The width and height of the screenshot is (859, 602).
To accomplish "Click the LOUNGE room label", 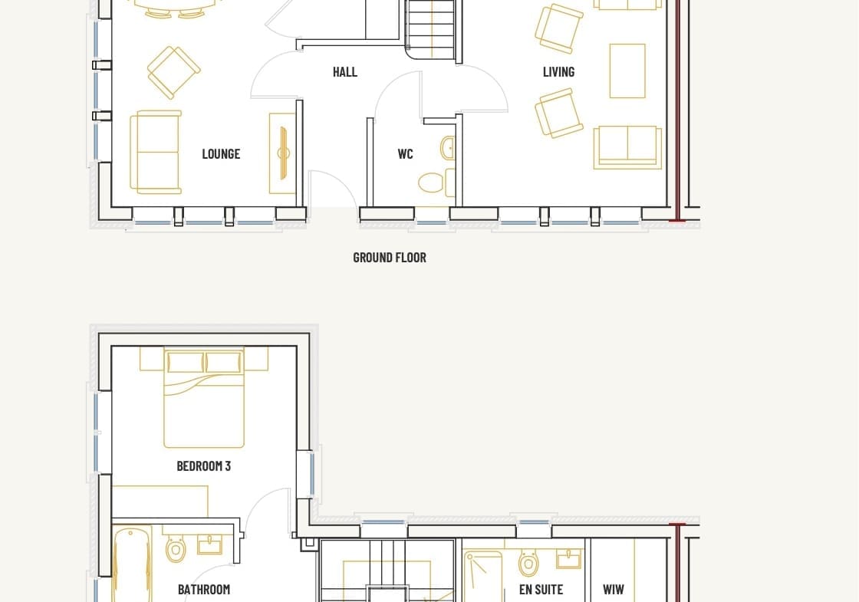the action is click(x=221, y=154).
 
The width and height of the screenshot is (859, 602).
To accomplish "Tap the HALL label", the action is click(x=345, y=72).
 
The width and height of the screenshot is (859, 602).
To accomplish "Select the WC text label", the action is click(x=406, y=154).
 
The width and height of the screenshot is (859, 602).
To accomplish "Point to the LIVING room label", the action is click(x=559, y=72).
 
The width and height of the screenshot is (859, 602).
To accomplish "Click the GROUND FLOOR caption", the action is click(x=390, y=258).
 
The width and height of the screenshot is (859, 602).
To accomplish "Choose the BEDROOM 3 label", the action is click(x=204, y=466).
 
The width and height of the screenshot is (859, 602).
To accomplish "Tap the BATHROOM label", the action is click(x=204, y=590).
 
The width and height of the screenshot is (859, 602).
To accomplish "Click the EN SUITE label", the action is click(x=541, y=590).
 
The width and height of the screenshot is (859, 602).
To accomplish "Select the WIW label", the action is click(x=614, y=590).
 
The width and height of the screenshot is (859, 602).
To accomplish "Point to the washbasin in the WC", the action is click(x=448, y=148).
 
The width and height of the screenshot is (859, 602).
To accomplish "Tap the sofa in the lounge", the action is click(x=156, y=153).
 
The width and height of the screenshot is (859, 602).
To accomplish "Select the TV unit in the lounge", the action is click(x=282, y=153).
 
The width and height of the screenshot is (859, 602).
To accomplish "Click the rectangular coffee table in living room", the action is click(x=627, y=71).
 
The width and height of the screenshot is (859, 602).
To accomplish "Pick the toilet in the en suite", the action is click(x=528, y=562).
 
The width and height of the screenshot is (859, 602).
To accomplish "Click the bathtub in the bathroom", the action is click(x=131, y=564).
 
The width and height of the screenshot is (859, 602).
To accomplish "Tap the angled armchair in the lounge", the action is click(x=173, y=72).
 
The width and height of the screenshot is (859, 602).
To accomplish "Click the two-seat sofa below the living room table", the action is click(x=627, y=146).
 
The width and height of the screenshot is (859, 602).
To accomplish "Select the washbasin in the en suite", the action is click(x=568, y=559).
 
